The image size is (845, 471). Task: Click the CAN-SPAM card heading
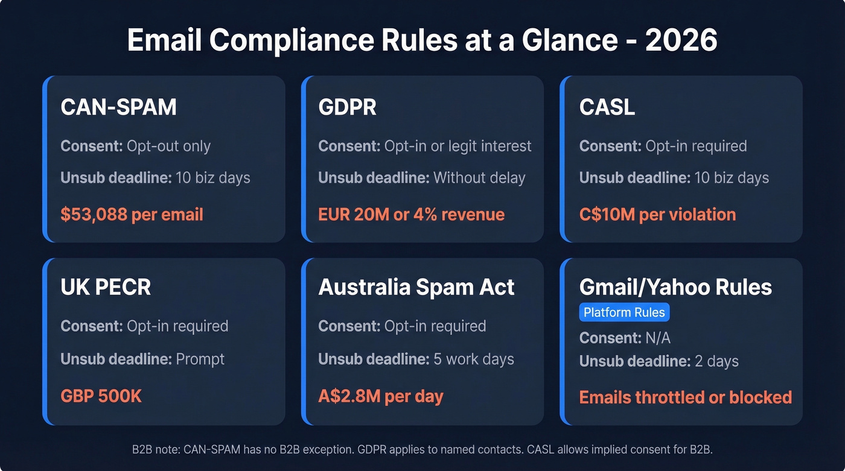point(118,107)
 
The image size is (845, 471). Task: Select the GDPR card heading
point(347,107)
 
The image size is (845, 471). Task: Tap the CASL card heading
point(607,107)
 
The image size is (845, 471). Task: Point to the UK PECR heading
point(106,287)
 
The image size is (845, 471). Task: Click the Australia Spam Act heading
point(416,287)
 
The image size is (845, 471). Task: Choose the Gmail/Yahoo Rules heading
point(675,287)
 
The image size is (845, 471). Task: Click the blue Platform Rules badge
point(624,312)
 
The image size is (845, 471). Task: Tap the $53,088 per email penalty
point(132,214)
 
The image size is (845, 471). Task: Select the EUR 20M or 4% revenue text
point(411,214)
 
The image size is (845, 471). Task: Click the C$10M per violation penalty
point(657,214)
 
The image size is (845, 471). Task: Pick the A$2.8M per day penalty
point(380,396)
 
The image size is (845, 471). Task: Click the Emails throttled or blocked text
point(685,397)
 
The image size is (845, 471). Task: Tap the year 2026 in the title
point(681,40)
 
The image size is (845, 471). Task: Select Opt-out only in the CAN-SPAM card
point(168,146)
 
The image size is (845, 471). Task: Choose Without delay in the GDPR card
point(479,178)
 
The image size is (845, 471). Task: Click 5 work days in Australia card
point(473,359)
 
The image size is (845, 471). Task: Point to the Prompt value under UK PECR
point(200,359)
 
